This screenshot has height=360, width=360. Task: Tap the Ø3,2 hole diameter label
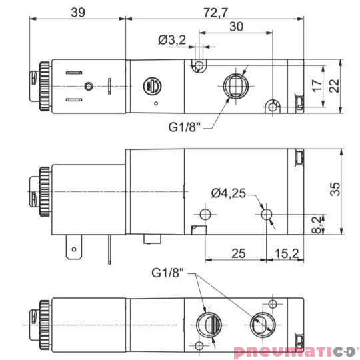pyautogui.click(x=172, y=41)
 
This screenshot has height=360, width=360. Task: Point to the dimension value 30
pyautogui.click(x=235, y=26)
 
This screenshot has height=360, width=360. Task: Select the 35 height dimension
pyautogui.click(x=337, y=190)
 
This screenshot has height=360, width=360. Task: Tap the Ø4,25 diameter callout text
pyautogui.click(x=229, y=193)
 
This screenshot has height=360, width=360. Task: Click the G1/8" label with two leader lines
pyautogui.click(x=167, y=273)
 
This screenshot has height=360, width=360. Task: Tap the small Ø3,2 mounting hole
pyautogui.click(x=198, y=65)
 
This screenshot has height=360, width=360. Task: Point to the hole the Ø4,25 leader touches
pyautogui.click(x=267, y=214)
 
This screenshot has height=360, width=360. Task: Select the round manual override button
pyautogui.click(x=151, y=85)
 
